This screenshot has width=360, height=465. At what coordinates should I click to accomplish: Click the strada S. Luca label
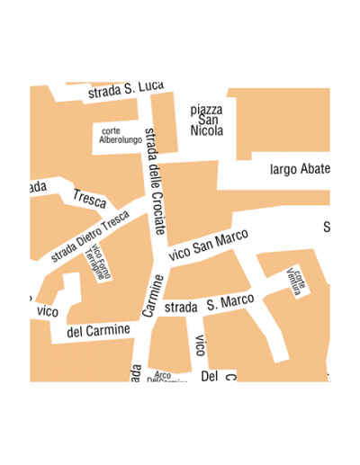click(x=125, y=89)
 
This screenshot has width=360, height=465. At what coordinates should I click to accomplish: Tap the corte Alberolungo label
click(x=120, y=136)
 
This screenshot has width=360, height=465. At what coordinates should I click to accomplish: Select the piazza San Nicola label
click(x=207, y=120)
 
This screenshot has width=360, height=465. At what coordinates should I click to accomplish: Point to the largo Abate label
click(x=301, y=169)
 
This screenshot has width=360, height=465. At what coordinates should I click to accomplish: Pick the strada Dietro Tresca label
click(x=90, y=237)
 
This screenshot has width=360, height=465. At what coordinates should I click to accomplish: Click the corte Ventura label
click(x=295, y=281)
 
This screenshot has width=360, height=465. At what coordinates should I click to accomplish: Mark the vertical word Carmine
click(x=153, y=296)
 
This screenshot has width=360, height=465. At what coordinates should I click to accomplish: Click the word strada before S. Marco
click(x=181, y=307)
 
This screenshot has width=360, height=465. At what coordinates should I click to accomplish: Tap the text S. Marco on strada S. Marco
click(x=229, y=301)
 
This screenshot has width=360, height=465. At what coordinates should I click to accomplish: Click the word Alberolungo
click(x=121, y=140)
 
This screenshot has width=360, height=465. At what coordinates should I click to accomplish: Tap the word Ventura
click(x=292, y=284)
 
